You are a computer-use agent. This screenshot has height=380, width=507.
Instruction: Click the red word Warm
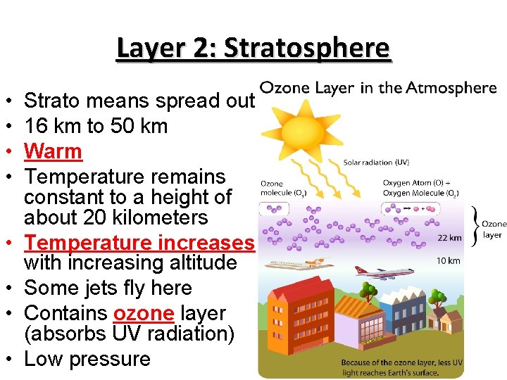[x=54, y=151]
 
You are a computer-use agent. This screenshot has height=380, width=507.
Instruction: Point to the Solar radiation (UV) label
[x=377, y=163]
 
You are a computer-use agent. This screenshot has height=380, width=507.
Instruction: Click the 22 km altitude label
[x=449, y=238]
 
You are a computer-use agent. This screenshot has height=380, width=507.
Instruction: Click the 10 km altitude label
[x=449, y=261]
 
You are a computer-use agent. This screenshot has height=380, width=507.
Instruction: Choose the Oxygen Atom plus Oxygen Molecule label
[x=421, y=188]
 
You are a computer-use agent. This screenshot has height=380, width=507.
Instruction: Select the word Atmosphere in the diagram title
[x=455, y=88]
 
